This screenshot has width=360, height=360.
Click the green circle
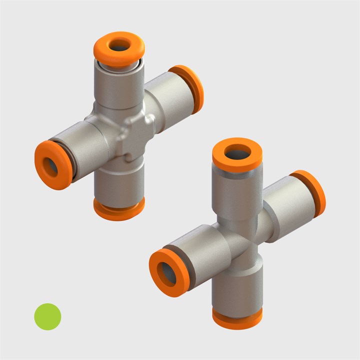pos(47,316)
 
